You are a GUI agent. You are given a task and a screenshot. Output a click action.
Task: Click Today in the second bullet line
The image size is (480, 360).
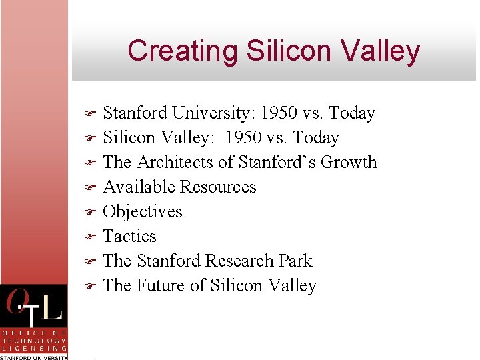pyautogui.click(x=313, y=138)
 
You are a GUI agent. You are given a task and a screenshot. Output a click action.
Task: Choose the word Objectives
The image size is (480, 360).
pyautogui.click(x=143, y=212)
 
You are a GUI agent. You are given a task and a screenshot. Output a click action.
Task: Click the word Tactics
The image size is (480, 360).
pyautogui.click(x=129, y=237)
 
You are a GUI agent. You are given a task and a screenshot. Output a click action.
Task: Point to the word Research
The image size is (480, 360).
pyautogui.click(x=239, y=261)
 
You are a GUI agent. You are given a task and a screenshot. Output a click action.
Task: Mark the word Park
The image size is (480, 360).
pyautogui.click(x=296, y=261)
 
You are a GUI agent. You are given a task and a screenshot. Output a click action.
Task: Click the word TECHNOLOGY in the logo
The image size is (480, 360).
pyautogui.click(x=34, y=341)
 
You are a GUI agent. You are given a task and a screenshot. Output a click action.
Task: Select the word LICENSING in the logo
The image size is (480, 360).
pyautogui.click(x=34, y=349)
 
